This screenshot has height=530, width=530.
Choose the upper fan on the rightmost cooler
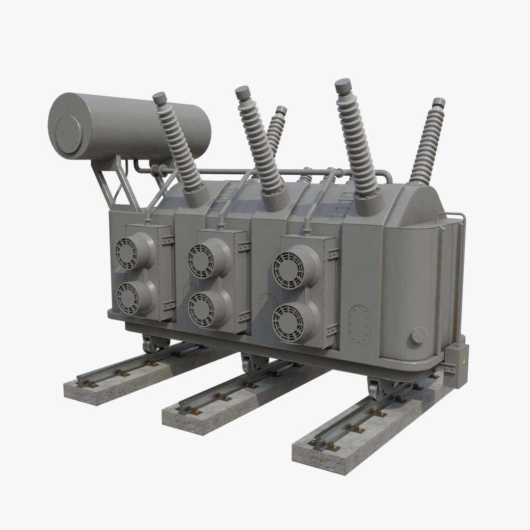coord(290,269)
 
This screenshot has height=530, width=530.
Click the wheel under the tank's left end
coord(150,344)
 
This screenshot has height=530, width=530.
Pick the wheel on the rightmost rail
coord(376,392)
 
